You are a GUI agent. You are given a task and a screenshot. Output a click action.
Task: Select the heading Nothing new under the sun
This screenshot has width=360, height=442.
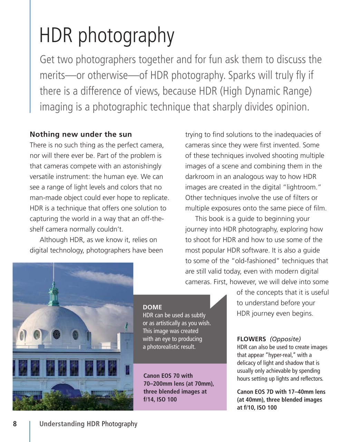coord(81,134)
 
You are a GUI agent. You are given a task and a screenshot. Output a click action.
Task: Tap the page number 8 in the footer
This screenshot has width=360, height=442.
coord(15,424)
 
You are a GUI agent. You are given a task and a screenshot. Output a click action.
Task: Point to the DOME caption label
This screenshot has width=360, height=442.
coord(152,307)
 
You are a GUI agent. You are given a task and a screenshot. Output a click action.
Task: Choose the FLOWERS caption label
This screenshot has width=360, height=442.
coord(251,339)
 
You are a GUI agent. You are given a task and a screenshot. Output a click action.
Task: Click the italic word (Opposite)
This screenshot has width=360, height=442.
coord(285,339)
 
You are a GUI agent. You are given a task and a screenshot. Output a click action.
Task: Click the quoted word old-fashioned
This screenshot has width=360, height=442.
coord(258,261)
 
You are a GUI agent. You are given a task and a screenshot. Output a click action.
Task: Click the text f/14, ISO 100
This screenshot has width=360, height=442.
coord(160,400)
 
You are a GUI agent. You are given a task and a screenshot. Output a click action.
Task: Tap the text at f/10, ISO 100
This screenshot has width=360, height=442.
coord(257,407)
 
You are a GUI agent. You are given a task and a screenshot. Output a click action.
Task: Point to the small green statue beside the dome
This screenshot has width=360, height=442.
coord(127,326)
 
